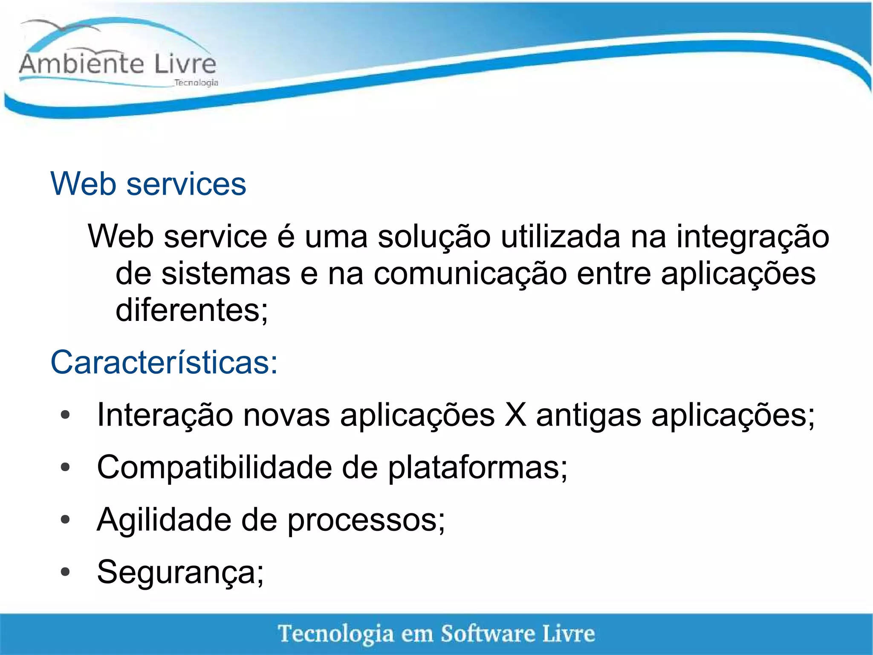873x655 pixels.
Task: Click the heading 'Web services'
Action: (x=148, y=184)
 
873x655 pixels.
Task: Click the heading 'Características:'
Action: (x=164, y=362)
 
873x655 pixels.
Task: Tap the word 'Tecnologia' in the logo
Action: (x=196, y=82)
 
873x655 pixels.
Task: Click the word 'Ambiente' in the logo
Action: (x=81, y=64)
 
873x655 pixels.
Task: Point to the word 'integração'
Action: (x=752, y=237)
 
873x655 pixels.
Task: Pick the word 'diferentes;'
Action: (x=192, y=310)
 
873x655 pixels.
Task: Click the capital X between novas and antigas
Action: (x=515, y=415)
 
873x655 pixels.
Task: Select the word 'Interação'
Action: (x=165, y=415)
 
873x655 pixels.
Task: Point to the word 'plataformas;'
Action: (x=477, y=468)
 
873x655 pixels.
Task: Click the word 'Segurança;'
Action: (x=180, y=573)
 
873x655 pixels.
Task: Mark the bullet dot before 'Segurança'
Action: (x=65, y=572)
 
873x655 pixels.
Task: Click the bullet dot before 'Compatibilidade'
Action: (x=65, y=467)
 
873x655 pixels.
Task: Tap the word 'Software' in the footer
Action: (x=487, y=633)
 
